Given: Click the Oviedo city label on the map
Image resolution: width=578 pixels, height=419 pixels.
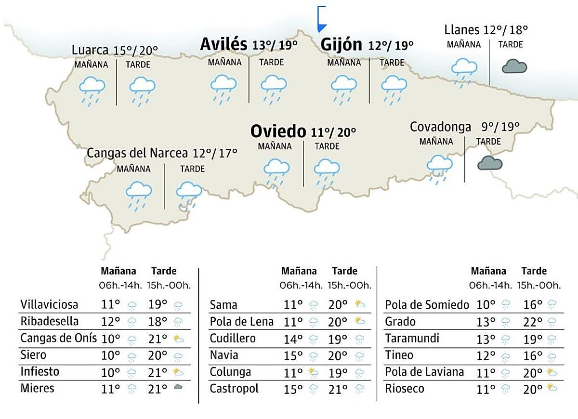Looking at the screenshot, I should pyautogui.click(x=278, y=131).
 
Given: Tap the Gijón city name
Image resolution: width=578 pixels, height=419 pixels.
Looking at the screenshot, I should pyautogui.click(x=341, y=45).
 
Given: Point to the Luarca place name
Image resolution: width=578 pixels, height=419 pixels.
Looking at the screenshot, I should pyautogui.click(x=90, y=50).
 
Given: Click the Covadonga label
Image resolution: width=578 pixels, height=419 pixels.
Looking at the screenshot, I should pyautogui.click(x=440, y=127).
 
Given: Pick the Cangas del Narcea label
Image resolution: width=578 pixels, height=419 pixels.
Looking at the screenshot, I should pyautogui.click(x=137, y=153).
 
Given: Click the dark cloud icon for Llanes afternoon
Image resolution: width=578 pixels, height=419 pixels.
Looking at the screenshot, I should pyautogui.click(x=514, y=66).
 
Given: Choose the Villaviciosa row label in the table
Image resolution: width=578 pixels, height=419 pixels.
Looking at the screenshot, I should pyautogui.click(x=49, y=304).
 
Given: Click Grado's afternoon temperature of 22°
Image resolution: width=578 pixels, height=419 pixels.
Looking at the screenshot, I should pyautogui.click(x=533, y=322).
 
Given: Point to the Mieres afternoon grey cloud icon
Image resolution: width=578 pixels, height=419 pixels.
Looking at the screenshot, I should pyautogui.click(x=178, y=388).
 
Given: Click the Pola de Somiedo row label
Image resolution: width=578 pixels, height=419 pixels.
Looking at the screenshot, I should pyautogui.click(x=427, y=305).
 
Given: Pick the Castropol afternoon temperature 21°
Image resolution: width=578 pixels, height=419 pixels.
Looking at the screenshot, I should pyautogui.click(x=338, y=388).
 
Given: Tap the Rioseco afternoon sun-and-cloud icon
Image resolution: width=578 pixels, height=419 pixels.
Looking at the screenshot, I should pyautogui.click(x=552, y=388).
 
